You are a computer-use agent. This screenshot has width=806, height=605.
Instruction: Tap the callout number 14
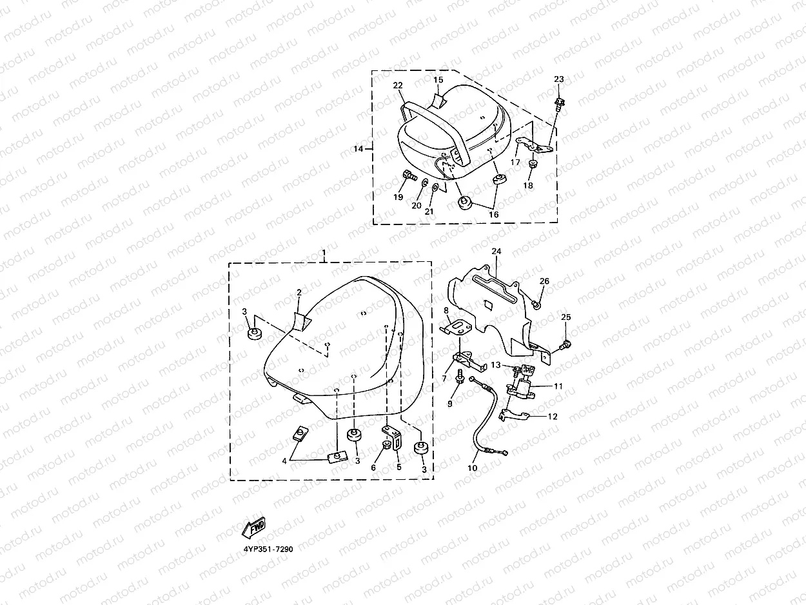coord(359,149)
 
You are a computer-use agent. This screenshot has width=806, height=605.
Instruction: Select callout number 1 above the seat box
coord(324,250)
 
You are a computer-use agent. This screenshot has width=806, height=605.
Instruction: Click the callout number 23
coord(559,79)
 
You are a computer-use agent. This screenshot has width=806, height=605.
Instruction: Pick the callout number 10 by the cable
coord(473,468)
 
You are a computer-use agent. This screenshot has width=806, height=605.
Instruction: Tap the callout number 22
coord(398,86)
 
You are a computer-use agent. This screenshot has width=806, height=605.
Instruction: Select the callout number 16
coord(494,214)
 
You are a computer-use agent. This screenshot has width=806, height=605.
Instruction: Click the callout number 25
coord(566,317)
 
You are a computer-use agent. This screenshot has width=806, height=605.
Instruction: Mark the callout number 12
coord(553,416)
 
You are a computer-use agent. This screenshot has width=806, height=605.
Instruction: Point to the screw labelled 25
coord(565,346)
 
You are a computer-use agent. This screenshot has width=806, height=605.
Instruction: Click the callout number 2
coord(299,293)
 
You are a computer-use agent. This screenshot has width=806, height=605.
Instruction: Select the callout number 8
coord(446,312)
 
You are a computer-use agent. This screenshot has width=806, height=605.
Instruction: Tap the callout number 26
coord(545,282)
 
